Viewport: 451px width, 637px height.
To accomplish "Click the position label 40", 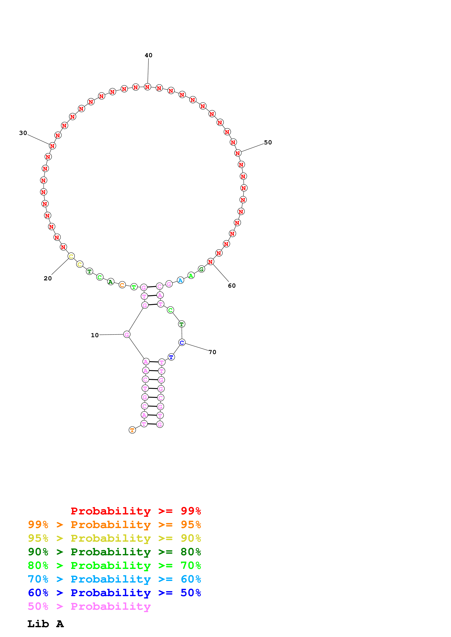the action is point(148,55).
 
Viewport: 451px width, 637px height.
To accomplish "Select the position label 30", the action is point(23,133).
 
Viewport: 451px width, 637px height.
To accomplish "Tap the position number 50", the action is point(268,142).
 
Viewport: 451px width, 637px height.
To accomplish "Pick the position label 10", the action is point(95,335).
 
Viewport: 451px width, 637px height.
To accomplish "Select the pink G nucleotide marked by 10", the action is point(127,335).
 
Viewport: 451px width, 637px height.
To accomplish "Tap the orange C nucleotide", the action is point(122,285).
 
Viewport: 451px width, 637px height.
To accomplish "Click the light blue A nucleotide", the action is point(180,281).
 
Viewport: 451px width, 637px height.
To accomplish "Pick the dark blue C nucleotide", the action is point(182,343).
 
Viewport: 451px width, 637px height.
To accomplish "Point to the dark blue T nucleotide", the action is point(171,357).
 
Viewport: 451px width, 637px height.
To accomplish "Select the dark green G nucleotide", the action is point(201,269).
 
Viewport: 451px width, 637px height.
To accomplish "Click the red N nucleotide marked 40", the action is point(147,87).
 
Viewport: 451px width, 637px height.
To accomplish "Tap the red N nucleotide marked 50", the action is point(238,153).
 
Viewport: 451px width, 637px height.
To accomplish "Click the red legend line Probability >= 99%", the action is point(136,511).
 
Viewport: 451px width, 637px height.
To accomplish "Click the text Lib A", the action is point(45,624).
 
